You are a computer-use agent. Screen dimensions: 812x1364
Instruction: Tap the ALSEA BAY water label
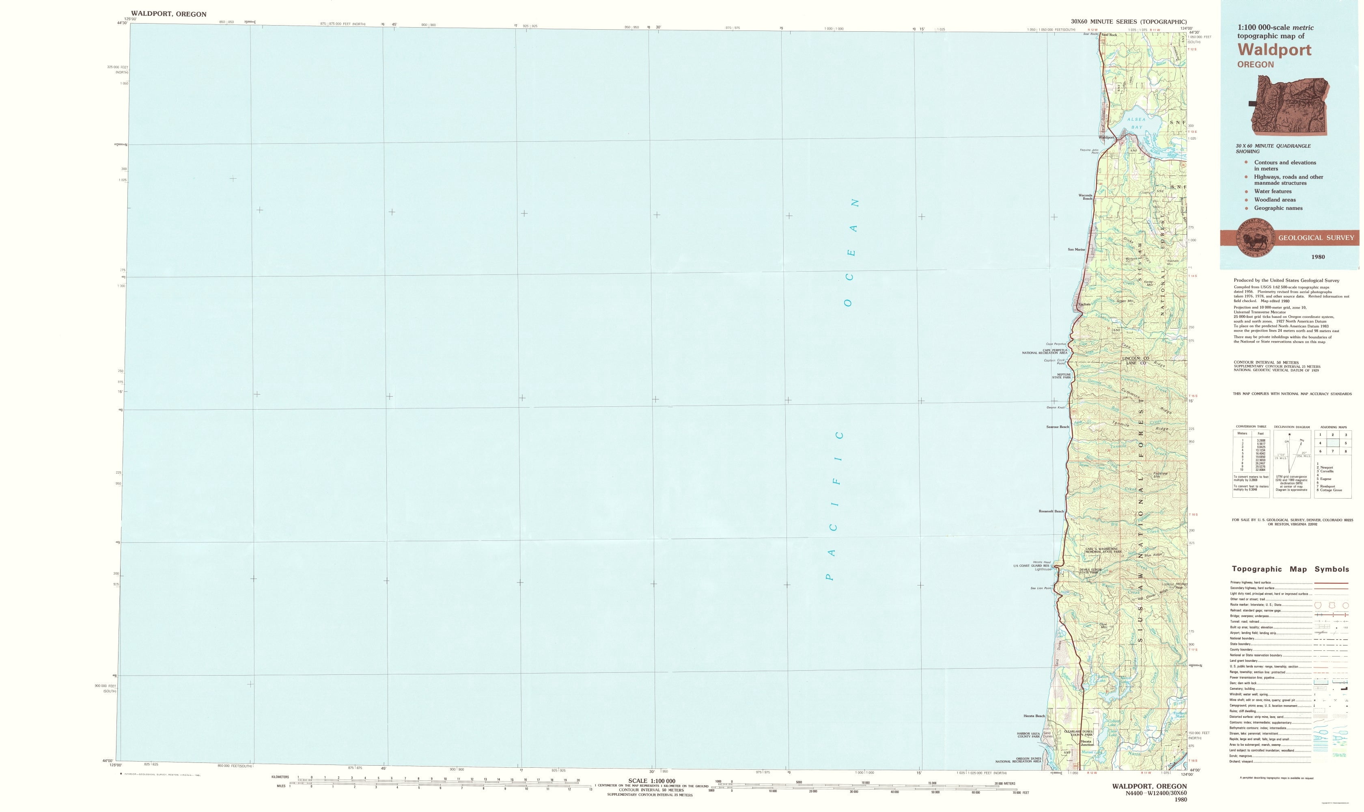1131,123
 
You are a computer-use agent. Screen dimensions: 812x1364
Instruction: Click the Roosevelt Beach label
1051,511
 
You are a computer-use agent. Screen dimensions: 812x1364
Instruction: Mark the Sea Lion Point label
1041,588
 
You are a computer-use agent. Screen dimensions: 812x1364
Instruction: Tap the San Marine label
1076,250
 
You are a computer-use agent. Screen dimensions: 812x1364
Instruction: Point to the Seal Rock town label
1109,35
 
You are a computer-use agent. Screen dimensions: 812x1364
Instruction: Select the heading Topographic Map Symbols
1290,569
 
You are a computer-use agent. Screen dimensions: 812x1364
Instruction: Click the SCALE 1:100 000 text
651,781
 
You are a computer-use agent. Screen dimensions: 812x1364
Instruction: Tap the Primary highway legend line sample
1331,583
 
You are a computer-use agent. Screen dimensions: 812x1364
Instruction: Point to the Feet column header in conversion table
1256,433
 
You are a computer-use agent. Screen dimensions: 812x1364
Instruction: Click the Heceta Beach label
1034,716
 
